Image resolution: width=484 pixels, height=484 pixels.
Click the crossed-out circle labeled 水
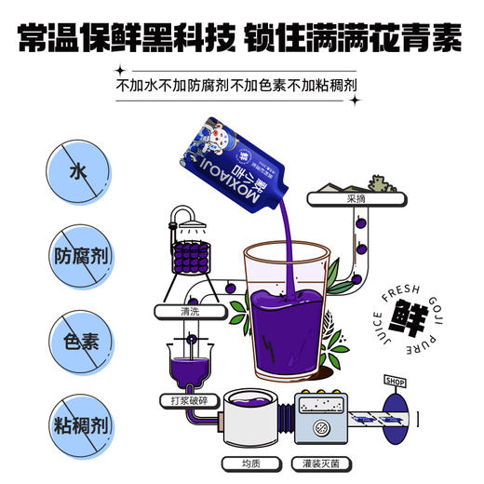[74, 171]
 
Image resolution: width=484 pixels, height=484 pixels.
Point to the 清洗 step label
[190, 309]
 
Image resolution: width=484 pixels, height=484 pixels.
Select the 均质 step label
[234, 462]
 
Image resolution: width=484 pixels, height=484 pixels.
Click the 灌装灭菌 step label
[323, 462]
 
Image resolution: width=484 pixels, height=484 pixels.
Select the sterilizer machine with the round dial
[323, 419]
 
